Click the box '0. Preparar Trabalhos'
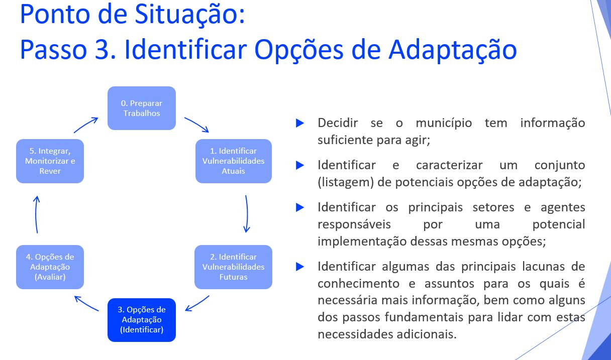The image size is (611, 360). pos(142,108)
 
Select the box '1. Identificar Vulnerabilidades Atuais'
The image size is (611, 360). pos(234,161)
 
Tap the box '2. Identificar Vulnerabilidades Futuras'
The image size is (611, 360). pos(233,267)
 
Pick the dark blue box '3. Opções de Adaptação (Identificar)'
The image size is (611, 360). pos(142,320)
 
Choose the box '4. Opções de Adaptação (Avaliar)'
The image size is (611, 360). pos(50,267)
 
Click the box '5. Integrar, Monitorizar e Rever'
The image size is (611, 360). pos(50,161)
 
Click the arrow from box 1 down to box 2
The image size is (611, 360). pos(247,214)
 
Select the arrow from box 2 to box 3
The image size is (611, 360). pos(197,304)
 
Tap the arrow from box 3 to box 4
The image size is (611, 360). pos(86,303)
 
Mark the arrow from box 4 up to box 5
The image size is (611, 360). pos(36,214)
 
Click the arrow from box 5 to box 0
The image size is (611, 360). pos(85,125)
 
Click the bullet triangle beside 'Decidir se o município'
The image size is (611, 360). pos(300,123)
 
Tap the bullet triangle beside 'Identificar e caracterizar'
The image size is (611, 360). pos(300,165)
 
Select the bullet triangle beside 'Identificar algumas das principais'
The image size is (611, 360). pos(300,267)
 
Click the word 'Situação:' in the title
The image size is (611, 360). pos(190,14)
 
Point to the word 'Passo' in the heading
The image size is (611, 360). pos(54,50)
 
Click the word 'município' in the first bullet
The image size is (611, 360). pos(444,123)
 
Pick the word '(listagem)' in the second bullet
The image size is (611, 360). pos(346,182)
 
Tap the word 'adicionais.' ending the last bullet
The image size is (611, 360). pos(427,334)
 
